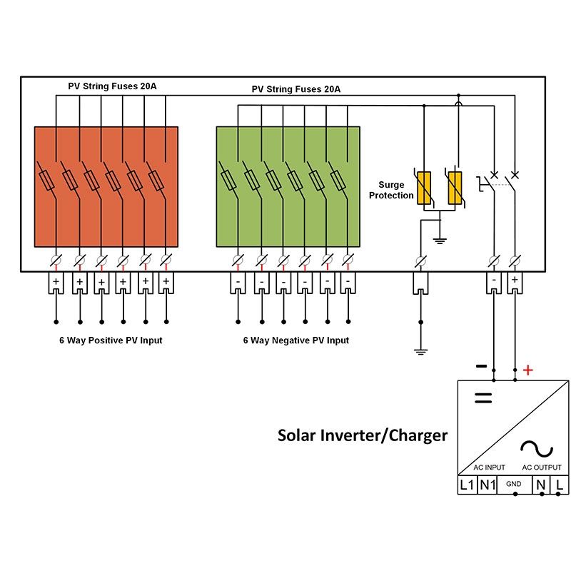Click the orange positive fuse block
point(106,186)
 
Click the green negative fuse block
point(288,186)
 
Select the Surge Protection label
point(391,190)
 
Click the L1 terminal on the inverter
point(467,485)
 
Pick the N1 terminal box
point(487,485)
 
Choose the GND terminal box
point(514,485)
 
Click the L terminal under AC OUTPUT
point(560,485)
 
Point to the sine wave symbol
point(537,448)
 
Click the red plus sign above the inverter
point(528,370)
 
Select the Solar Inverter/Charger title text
point(363,435)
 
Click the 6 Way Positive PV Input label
point(111,340)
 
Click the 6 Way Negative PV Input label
point(296,340)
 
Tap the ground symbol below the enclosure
point(421,351)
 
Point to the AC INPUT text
point(490,468)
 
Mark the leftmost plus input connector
point(57,283)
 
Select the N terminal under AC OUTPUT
point(541,485)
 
